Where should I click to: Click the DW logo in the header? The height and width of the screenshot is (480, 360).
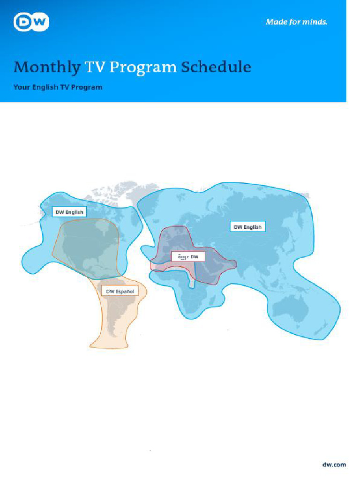(31, 22)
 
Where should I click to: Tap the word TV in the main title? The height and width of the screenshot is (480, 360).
(95, 67)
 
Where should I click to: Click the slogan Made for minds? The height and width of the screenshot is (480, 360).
(296, 22)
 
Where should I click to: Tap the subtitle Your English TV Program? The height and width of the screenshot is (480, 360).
(58, 87)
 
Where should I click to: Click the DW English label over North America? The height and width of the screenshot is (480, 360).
(69, 212)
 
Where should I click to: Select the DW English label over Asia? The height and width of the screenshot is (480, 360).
(247, 227)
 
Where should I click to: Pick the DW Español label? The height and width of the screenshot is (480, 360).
(120, 292)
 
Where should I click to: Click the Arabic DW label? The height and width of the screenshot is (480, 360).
(188, 257)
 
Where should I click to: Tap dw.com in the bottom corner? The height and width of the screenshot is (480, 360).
(334, 465)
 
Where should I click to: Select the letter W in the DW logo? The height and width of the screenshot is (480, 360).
(39, 22)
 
